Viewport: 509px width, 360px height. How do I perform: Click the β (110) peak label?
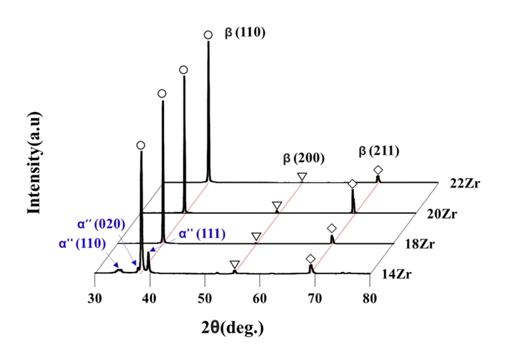click(245, 31)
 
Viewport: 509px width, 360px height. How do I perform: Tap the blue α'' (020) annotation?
click(99, 224)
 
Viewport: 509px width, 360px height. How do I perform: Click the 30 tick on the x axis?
click(95, 298)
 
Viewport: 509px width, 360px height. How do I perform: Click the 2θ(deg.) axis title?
click(232, 328)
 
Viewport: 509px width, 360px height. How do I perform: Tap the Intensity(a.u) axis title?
click(33, 163)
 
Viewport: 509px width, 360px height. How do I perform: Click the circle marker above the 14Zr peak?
click(140, 145)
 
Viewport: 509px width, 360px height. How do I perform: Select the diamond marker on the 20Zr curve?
click(352, 183)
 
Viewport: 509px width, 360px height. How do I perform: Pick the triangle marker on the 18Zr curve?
click(256, 237)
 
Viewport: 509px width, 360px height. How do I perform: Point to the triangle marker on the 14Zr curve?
click(234, 265)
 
